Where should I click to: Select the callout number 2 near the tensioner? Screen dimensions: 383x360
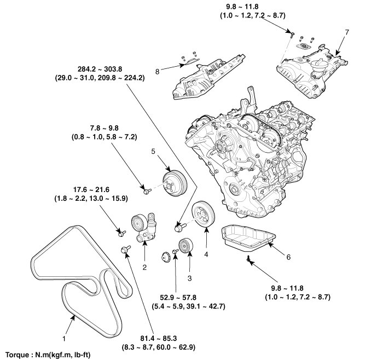[144, 268]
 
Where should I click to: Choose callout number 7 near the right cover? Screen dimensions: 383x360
[346, 33]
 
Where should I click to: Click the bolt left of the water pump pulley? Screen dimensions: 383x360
[147, 190]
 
